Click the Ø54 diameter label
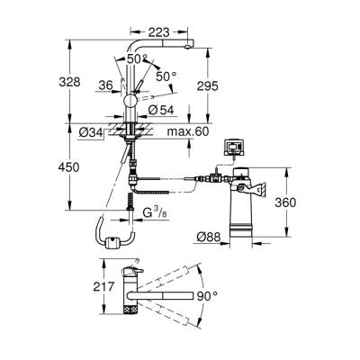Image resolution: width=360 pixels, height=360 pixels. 159,110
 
